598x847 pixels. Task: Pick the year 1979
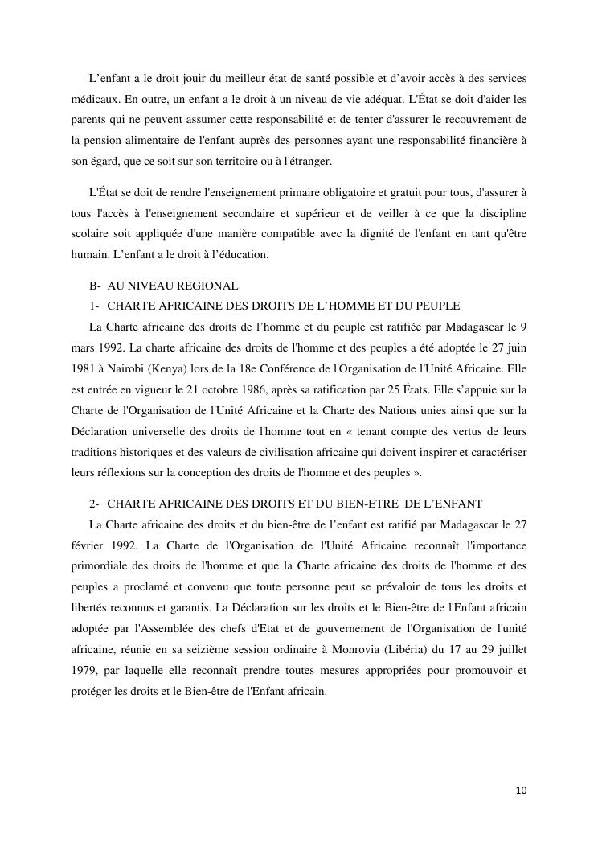coord(83,669)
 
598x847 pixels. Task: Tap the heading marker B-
coord(95,286)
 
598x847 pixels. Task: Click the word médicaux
coord(95,99)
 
